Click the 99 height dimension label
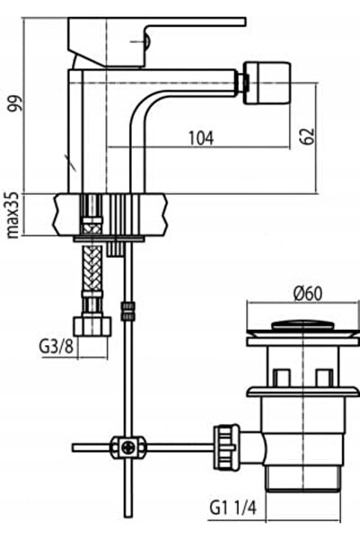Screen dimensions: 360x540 [15, 102]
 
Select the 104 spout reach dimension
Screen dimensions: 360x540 [201, 137]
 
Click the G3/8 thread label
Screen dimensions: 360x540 [57, 347]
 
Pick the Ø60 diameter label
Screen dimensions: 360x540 [308, 294]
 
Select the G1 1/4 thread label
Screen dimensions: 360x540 [233, 508]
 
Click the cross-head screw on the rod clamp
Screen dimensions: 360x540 [127, 447]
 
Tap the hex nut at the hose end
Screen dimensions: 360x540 [92, 326]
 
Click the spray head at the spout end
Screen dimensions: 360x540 [267, 83]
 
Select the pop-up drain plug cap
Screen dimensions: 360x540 [303, 325]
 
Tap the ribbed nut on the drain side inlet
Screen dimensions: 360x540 [225, 447]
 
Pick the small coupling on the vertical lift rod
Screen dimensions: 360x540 [127, 311]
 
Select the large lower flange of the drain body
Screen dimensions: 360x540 [303, 391]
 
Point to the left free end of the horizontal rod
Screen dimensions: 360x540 [74, 447]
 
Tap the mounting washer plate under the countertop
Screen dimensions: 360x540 [110, 239]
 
